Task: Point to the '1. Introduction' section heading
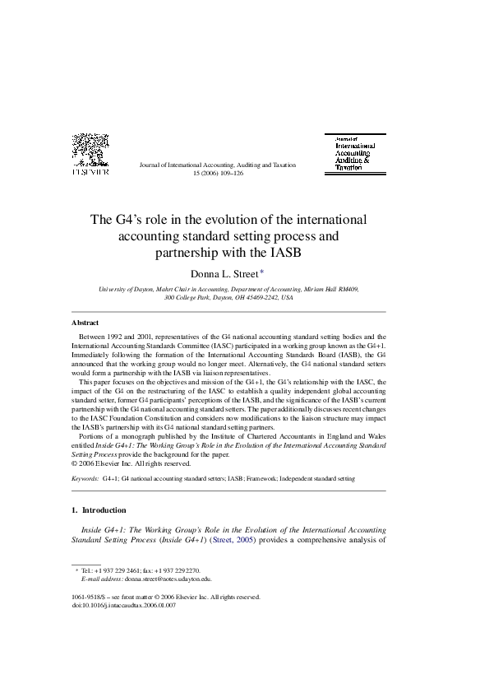99,509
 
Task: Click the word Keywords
85,477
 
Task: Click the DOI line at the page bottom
124,605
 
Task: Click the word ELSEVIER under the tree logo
90,173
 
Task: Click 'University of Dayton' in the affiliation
125,290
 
